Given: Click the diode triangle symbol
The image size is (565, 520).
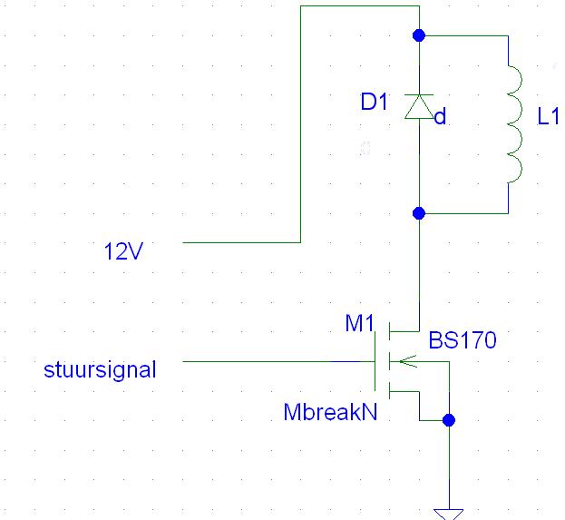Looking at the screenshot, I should pos(419,108).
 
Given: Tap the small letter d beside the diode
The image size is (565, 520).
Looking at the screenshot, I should pos(440,118).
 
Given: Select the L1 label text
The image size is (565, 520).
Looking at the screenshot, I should pos(550,118).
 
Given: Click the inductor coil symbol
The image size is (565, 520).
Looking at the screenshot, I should pos(514,124).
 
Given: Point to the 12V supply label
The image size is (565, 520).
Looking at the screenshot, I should pos(122,251).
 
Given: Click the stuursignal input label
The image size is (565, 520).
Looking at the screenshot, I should pos(100,370).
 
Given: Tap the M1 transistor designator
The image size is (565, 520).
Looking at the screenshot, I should pos(359,323).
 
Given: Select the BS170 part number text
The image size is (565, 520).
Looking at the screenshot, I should pos(463,341).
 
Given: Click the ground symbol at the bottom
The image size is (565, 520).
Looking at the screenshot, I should pos(448,514).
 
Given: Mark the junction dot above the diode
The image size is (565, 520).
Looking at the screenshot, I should pos(419,35).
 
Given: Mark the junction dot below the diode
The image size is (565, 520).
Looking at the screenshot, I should pos(419,213).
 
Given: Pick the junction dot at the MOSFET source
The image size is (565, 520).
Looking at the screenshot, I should pos(448,420).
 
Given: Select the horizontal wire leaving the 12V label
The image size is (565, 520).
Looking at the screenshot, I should pos(240,243).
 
